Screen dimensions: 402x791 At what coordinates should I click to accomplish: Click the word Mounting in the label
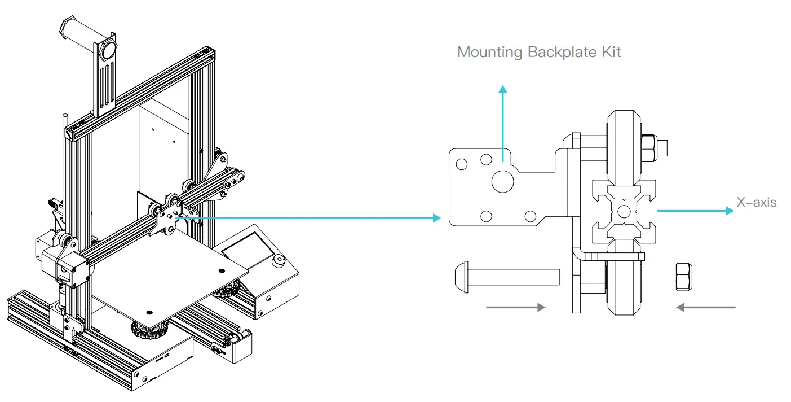click(x=489, y=53)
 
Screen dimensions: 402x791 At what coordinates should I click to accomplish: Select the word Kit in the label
click(x=610, y=52)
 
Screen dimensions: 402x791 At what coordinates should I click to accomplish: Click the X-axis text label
click(x=756, y=202)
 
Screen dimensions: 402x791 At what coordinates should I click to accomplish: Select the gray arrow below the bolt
click(x=515, y=307)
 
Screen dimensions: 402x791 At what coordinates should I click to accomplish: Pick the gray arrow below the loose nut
click(x=706, y=307)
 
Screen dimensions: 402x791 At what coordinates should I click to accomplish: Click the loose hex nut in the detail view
click(x=683, y=277)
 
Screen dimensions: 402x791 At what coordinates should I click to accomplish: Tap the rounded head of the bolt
click(x=460, y=277)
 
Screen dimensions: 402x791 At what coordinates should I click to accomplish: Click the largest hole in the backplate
click(x=503, y=181)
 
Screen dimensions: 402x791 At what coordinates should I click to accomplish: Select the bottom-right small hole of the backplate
click(x=530, y=216)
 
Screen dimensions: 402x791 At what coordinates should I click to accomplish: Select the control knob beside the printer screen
click(x=278, y=261)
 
